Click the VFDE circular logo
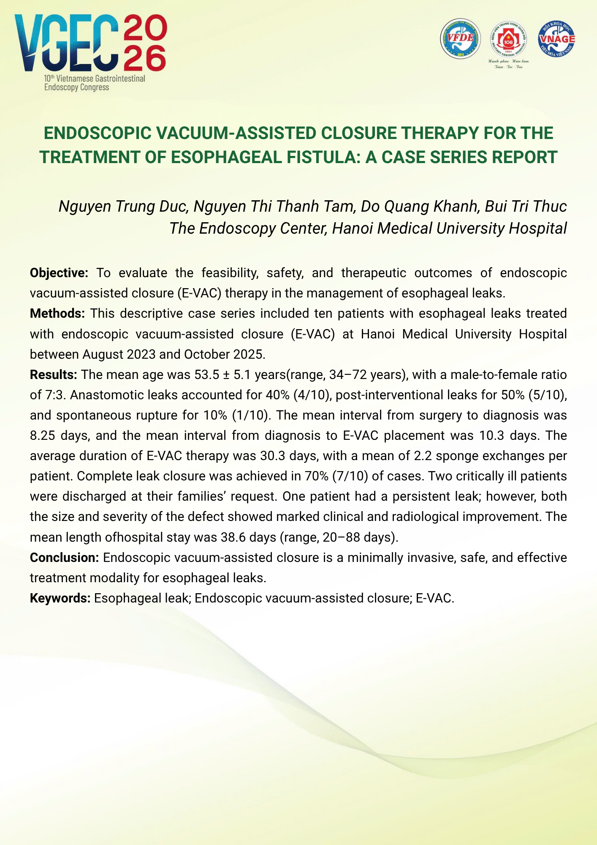[x=460, y=39]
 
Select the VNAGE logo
[x=556, y=39]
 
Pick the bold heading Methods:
[x=57, y=313]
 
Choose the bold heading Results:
[x=53, y=375]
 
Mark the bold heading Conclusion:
[x=64, y=558]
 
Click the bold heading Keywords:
[x=60, y=598]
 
